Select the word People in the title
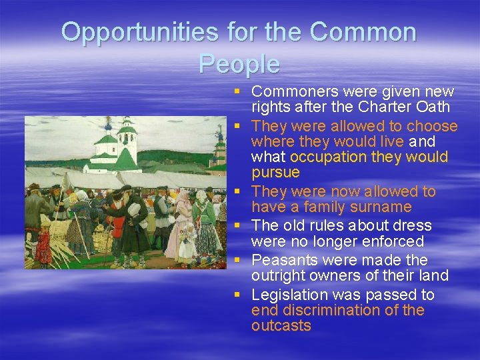click(239, 64)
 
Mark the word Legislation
click(291, 295)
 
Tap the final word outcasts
click(281, 325)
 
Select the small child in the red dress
click(44, 247)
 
